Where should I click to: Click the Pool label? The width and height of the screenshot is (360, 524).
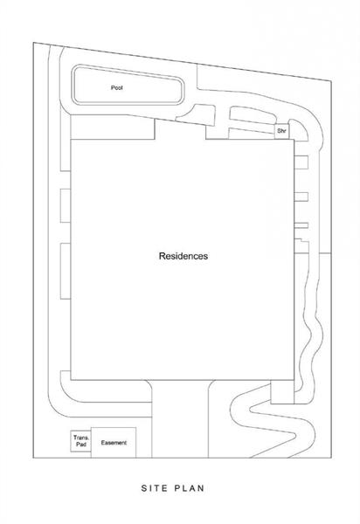click(117, 87)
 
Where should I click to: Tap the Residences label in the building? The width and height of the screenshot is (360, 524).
click(183, 256)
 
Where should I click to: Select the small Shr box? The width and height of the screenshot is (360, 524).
click(281, 131)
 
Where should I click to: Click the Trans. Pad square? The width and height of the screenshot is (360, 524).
click(80, 441)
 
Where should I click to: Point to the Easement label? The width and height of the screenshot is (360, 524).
click(114, 443)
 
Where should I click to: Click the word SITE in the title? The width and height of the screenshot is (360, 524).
click(154, 488)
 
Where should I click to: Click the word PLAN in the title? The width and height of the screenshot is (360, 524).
click(189, 488)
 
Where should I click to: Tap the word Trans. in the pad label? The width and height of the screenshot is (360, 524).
click(81, 438)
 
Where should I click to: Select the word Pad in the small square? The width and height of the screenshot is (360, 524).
click(81, 445)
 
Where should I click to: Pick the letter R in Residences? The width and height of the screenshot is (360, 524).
click(162, 256)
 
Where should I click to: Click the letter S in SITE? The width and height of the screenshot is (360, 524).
click(144, 488)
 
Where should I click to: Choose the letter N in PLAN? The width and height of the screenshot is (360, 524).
click(201, 488)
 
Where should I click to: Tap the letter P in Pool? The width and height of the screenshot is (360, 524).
click(113, 87)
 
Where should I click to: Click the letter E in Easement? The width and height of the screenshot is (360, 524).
click(102, 443)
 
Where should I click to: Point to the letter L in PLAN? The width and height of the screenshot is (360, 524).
click(184, 488)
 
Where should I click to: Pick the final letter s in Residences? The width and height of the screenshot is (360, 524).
click(206, 257)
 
